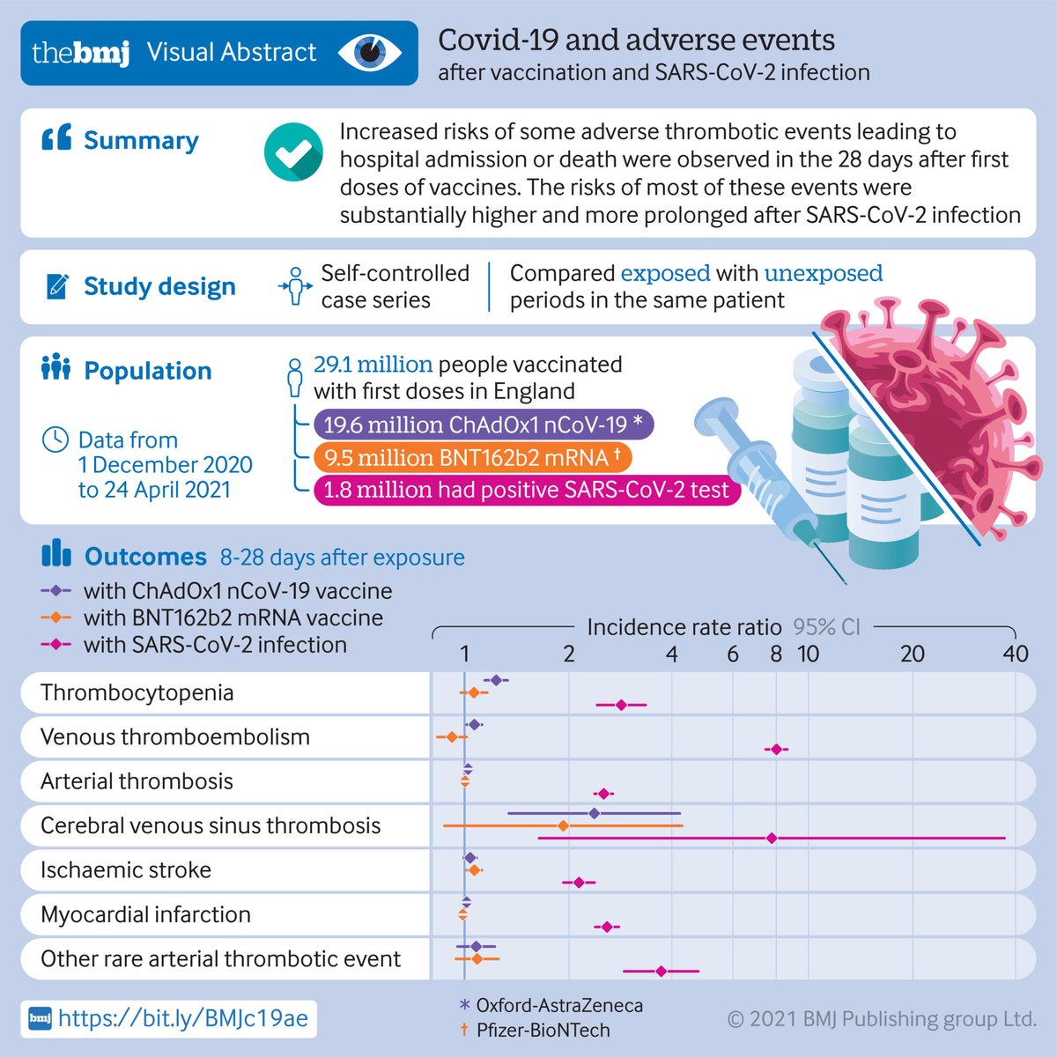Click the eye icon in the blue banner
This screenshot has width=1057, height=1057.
click(371, 53)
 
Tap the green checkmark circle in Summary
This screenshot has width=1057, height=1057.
click(292, 152)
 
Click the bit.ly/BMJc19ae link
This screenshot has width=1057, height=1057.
click(183, 1018)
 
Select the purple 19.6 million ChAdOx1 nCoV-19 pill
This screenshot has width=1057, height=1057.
click(484, 425)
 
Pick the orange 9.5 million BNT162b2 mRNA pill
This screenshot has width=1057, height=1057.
click(472, 458)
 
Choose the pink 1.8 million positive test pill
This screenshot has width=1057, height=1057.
click(526, 490)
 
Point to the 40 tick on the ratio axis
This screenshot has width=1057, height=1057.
click(1016, 654)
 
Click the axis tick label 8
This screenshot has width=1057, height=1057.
click(776, 654)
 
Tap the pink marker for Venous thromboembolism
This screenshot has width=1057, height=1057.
click(776, 750)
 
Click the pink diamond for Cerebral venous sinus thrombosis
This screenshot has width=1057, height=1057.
click(772, 838)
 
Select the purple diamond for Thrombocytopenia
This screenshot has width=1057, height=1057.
click(496, 680)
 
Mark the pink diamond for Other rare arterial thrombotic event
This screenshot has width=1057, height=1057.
click(661, 972)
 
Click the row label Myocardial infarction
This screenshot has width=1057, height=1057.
click(145, 914)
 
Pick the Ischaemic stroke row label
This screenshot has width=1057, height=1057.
click(126, 870)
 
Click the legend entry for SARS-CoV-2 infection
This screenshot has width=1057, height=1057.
click(215, 645)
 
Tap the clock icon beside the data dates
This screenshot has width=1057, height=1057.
click(55, 440)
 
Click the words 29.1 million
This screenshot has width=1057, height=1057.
click(373, 365)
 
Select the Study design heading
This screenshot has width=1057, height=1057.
click(159, 286)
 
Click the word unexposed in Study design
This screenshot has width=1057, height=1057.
click(823, 273)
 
